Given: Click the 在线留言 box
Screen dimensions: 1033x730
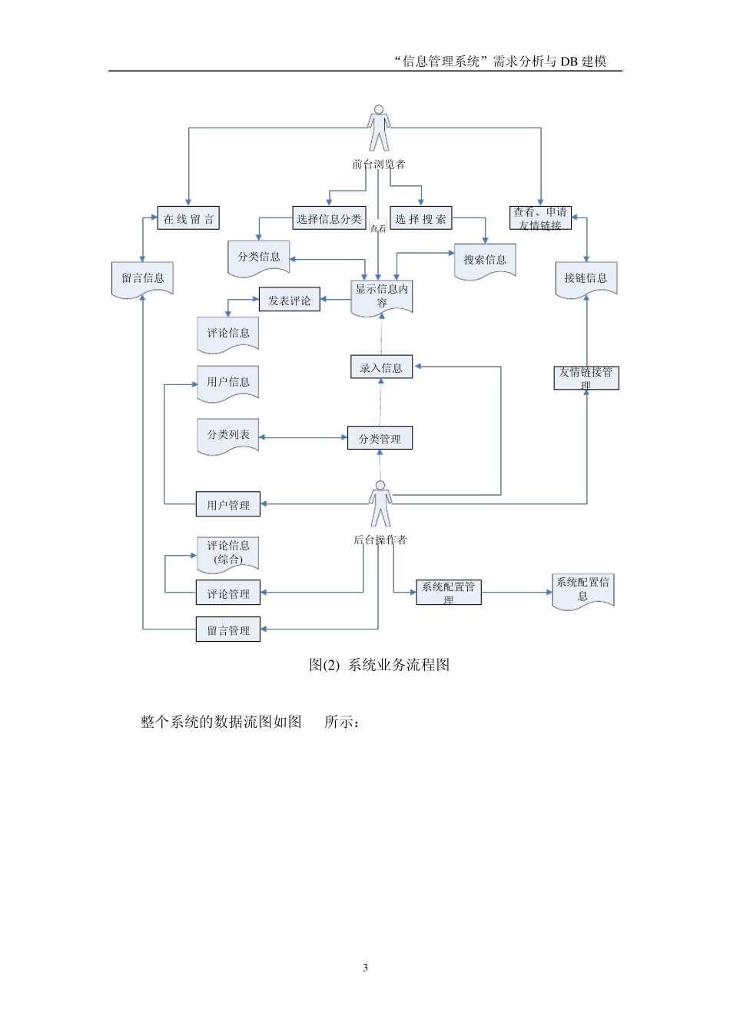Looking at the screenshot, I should pos(188,218).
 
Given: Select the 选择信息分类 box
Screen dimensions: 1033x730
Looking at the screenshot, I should pos(329,218).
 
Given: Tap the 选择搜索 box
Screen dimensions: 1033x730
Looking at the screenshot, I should pos(420,218).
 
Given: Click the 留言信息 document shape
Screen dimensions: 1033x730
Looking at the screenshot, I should pos(143,278).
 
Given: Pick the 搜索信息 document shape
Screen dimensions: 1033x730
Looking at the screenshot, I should pos(485,260).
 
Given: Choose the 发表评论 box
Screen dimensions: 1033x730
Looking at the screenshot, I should pos(289,301).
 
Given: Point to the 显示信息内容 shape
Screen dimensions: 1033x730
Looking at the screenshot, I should pos(382,296).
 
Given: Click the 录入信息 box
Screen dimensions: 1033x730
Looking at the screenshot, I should pos(381,367).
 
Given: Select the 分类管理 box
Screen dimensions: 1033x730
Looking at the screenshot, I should pos(380,438).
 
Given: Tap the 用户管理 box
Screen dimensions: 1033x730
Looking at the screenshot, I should pos(228,504).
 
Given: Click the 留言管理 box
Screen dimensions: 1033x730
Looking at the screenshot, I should pos(228,629).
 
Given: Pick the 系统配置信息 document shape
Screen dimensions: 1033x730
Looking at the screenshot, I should pos(582,590).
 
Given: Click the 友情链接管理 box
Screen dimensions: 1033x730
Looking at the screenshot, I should pos(586,377).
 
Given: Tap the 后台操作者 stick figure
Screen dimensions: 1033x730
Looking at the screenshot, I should pos(380,504).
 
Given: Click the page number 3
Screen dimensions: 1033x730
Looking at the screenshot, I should pos(365,968).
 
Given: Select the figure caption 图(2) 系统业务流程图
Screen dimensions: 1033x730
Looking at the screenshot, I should pos(379,665).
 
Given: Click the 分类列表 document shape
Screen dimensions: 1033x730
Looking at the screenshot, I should pos(228,435).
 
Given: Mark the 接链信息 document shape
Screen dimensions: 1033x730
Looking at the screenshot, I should pos(586,278).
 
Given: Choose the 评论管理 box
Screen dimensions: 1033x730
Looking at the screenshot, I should pos(228,593).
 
